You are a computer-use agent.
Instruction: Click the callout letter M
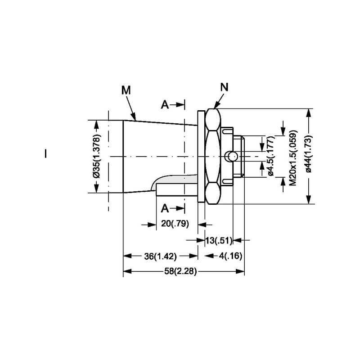126,90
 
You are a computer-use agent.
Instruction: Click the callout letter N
224,87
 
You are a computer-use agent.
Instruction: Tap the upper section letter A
165,105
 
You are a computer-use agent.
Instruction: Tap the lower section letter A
165,208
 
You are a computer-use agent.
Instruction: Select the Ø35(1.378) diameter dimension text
97,156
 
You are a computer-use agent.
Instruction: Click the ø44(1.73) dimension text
309,154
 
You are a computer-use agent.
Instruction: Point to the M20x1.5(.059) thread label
293,158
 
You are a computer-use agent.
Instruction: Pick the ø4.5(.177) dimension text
271,156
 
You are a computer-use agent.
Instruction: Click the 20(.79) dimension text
175,223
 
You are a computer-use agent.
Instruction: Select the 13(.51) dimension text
219,241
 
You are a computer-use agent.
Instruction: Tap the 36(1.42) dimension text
161,256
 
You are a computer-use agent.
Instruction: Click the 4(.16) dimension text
230,256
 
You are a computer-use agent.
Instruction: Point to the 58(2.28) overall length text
180,271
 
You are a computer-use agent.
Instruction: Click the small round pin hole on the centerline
232,157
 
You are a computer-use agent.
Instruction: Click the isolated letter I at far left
46,153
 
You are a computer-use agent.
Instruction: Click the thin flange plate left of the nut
201,156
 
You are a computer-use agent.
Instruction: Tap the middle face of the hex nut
212,156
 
